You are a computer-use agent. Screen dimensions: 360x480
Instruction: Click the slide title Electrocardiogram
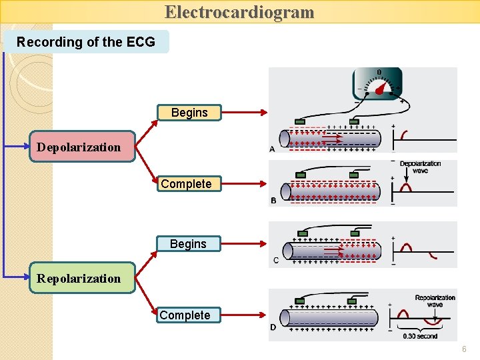(x=239, y=12)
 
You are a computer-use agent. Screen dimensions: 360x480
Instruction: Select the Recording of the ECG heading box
(x=86, y=42)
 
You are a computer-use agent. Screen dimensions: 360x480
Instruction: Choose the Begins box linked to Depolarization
(x=189, y=113)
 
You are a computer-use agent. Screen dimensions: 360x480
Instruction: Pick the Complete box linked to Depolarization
(x=186, y=184)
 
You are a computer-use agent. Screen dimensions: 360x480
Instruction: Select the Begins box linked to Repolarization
(x=188, y=244)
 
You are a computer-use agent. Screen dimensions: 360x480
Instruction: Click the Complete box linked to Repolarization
(x=185, y=315)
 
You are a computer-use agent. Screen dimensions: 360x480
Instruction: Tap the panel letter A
(x=272, y=149)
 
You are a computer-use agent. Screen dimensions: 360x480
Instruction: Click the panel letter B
(x=273, y=201)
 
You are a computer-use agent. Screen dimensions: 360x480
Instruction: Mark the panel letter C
(x=276, y=261)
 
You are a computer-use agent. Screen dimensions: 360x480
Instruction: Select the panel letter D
(x=273, y=327)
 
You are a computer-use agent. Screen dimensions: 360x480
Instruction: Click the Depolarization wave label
(x=420, y=167)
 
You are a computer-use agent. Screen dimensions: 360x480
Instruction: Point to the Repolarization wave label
(x=435, y=301)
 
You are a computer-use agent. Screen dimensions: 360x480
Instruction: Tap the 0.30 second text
(x=420, y=336)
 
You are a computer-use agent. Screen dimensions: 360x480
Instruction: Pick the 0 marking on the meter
(x=379, y=72)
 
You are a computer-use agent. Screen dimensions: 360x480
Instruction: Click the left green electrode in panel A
(x=300, y=121)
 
